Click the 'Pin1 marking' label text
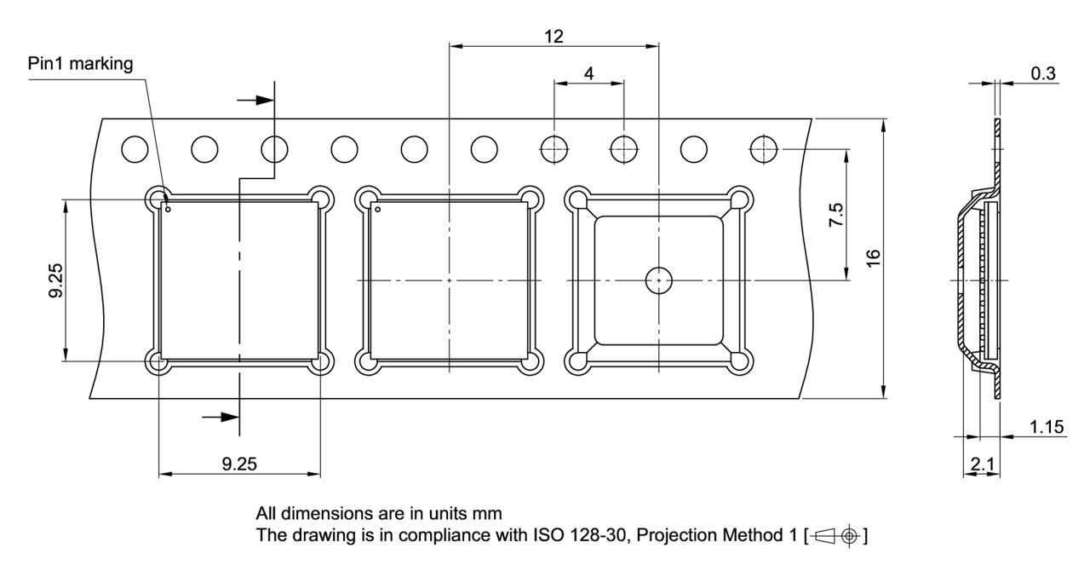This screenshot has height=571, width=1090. pyautogui.click(x=80, y=65)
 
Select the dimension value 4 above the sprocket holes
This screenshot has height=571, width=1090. pyautogui.click(x=588, y=73)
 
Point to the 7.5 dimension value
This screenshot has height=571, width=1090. pyautogui.click(x=836, y=214)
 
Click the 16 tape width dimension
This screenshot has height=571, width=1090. pyautogui.click(x=871, y=258)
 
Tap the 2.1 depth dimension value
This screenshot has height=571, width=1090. pyautogui.click(x=981, y=464)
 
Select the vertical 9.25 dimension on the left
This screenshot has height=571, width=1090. pyautogui.click(x=56, y=280)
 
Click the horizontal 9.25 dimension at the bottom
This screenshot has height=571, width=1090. pyautogui.click(x=239, y=464)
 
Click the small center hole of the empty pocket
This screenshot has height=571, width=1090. pyautogui.click(x=658, y=280)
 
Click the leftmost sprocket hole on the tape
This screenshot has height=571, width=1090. pyautogui.click(x=135, y=149)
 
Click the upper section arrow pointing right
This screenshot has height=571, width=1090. pyautogui.click(x=255, y=100)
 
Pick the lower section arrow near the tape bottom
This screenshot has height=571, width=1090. pyautogui.click(x=220, y=417)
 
